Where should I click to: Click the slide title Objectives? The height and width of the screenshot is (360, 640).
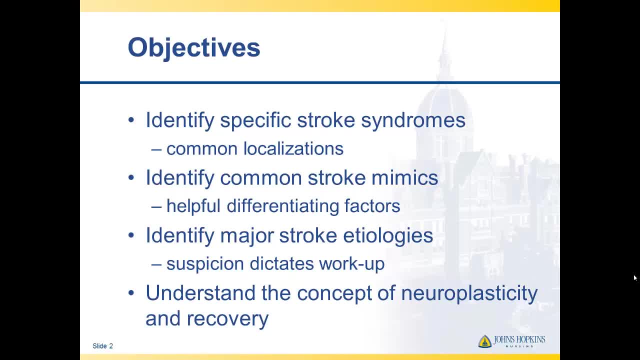tap(194, 48)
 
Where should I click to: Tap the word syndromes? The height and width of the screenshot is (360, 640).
tap(413, 121)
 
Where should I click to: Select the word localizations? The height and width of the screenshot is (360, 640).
tap(293, 148)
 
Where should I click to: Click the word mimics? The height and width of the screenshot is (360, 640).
tap(404, 177)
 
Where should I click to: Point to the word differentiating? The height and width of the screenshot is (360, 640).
tap(282, 207)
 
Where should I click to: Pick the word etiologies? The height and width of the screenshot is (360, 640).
tap(388, 235)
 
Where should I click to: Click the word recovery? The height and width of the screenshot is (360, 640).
tap(227, 319)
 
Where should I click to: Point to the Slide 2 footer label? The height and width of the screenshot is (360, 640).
tap(103, 346)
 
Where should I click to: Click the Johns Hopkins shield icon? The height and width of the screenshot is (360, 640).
tap(485, 341)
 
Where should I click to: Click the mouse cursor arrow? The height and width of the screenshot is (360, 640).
tap(635, 278)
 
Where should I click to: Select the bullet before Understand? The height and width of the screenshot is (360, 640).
tap(131, 292)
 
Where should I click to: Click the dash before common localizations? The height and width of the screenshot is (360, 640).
tap(156, 149)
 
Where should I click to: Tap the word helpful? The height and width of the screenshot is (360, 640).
tap(193, 206)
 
